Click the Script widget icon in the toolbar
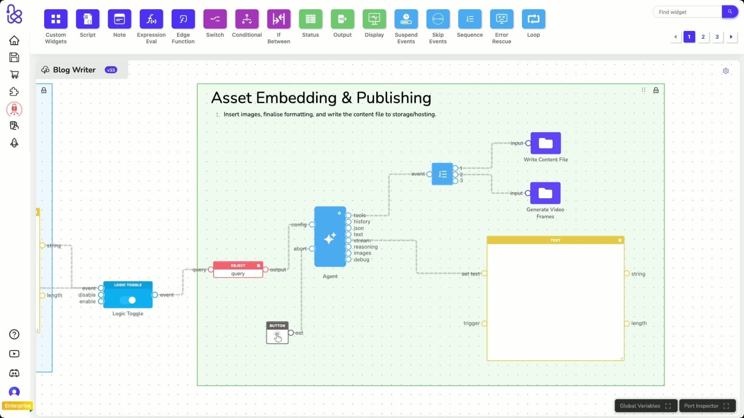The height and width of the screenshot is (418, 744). [88, 19]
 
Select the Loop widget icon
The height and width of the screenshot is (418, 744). [533, 19]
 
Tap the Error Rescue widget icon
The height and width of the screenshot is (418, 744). [501, 19]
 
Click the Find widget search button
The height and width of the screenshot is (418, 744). [730, 12]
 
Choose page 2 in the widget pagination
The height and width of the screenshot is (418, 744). [703, 37]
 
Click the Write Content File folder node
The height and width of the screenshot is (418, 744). [545, 143]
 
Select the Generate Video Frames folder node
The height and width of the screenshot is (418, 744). [545, 193]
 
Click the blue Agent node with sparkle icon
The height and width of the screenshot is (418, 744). [330, 237]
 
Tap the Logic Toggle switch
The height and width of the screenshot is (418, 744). [128, 300]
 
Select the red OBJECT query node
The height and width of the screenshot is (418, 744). [238, 269]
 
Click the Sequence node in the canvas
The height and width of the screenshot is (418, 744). [442, 174]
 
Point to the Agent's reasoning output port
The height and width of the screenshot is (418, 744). [348, 247]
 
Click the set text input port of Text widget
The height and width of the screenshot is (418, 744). [484, 274]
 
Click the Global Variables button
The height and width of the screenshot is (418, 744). [645, 406]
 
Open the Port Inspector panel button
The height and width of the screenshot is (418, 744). [706, 406]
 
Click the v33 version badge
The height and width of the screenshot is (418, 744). [111, 70]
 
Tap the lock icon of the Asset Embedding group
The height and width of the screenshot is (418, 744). [656, 90]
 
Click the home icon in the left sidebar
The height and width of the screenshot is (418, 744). [14, 40]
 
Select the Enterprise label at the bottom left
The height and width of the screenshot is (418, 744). [17, 406]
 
